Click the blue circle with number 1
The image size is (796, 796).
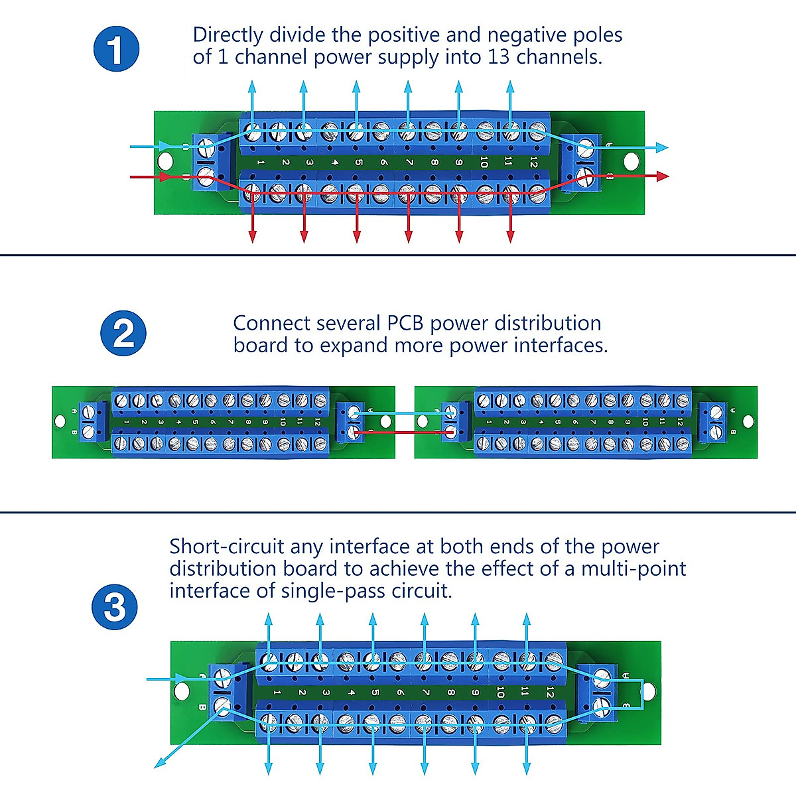116,49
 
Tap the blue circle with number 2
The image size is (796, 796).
123,333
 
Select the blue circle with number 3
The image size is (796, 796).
115,606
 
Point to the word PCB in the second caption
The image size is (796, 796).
404,323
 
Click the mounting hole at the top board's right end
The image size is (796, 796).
631,160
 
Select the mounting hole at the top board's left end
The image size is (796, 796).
166,161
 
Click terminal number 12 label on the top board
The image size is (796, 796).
533,163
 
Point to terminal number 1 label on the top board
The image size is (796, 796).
261,163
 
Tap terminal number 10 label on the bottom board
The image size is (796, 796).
499,693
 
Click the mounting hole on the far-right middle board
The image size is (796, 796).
748,421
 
